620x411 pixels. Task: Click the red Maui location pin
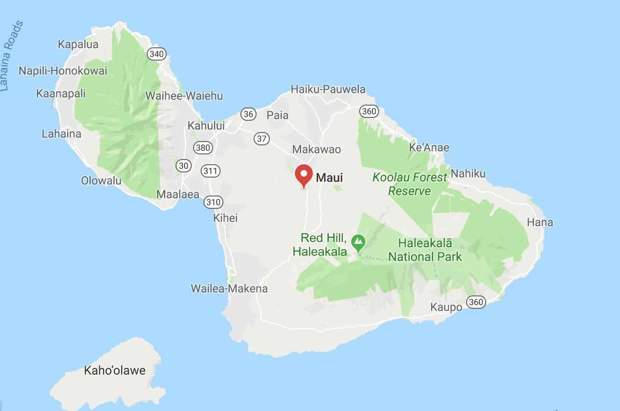click(x=303, y=176)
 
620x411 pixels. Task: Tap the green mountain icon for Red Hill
click(x=358, y=243)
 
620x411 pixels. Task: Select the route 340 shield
click(x=156, y=54)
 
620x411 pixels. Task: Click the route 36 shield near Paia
click(x=248, y=114)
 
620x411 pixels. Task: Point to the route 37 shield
click(x=261, y=138)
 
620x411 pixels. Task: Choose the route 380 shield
click(x=202, y=147)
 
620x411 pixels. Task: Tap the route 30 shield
click(x=183, y=165)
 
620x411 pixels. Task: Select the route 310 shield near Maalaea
click(x=213, y=202)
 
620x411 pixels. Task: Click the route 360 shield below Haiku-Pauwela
click(x=369, y=111)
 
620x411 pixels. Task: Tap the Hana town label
click(x=540, y=222)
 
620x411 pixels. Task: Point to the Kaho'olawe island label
click(x=115, y=370)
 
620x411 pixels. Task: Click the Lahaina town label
click(x=62, y=134)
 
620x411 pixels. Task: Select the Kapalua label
click(x=78, y=45)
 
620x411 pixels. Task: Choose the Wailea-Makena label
click(x=229, y=288)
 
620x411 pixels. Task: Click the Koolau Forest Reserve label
click(x=410, y=184)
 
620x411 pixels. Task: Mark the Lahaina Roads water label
click(x=12, y=56)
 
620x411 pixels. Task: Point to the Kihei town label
click(x=225, y=218)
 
